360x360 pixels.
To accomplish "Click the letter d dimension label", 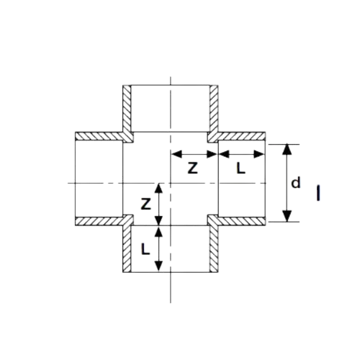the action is click(x=296, y=183).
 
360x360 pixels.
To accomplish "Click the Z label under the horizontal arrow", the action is click(x=193, y=168).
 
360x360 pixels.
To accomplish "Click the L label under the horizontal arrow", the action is click(x=240, y=168).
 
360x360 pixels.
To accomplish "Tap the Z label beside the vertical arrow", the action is click(x=145, y=204).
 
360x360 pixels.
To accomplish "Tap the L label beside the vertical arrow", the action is click(x=145, y=248).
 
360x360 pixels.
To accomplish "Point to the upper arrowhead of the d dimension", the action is click(x=287, y=149).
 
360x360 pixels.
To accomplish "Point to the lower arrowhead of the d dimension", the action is click(x=287, y=216).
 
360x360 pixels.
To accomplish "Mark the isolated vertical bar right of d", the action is click(x=318, y=193).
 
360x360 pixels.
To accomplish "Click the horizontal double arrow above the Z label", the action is click(x=194, y=154).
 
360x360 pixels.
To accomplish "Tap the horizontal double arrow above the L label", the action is click(x=242, y=154).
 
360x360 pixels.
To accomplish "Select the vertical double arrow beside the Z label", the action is click(x=158, y=204).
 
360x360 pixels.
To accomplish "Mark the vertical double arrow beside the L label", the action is click(x=158, y=249).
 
